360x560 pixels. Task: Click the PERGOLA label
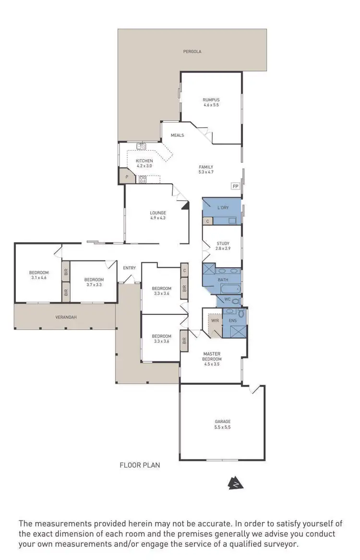(192, 51)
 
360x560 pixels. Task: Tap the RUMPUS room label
(211, 100)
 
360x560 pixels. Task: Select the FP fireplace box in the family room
(235, 186)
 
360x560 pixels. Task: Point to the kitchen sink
(141, 146)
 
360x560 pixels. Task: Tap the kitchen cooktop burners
(143, 180)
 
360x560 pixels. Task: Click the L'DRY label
(223, 208)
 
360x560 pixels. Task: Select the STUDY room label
(223, 243)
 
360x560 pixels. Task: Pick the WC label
(228, 299)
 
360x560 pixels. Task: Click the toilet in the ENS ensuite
(241, 313)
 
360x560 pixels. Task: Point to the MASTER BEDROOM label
(212, 357)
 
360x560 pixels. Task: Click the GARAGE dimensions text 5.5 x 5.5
(222, 427)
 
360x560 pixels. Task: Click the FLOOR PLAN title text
(140, 465)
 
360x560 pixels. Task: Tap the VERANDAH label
(66, 317)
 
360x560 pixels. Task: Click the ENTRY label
(129, 268)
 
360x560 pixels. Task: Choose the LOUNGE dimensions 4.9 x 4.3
(158, 218)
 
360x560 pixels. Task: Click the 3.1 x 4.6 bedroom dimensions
(39, 278)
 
